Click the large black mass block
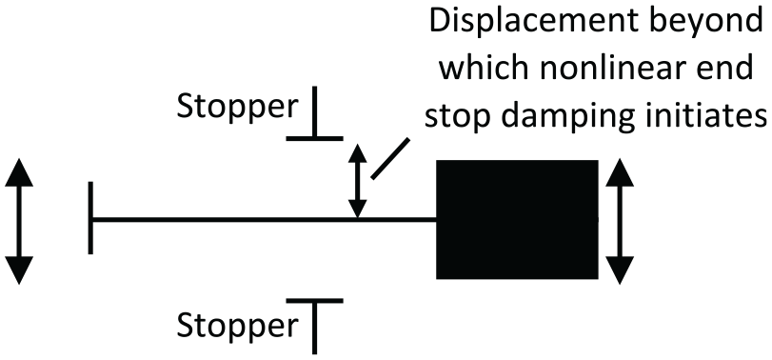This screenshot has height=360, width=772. [517, 219]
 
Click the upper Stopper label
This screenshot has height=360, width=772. [238, 108]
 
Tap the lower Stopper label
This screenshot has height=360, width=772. [238, 326]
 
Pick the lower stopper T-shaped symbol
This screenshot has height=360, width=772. [315, 326]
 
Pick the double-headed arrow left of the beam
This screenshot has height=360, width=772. [19, 221]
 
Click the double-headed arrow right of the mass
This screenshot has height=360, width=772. [620, 221]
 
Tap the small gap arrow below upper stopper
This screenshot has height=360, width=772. [358, 181]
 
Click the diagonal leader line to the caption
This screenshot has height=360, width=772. [390, 159]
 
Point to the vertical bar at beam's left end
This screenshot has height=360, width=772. [90, 218]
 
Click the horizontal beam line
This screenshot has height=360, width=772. [265, 219]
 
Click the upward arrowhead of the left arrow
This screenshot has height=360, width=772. [19, 172]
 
